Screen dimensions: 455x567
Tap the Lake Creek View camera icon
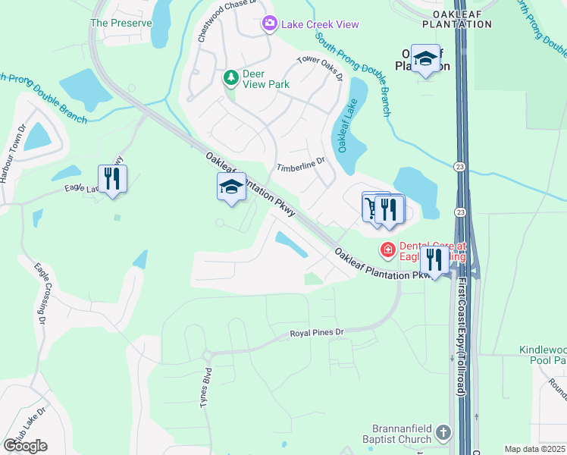coord(269,24)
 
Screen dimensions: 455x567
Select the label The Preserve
coord(121,23)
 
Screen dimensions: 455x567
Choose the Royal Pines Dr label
coord(318,332)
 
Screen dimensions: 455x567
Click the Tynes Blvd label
coord(205,390)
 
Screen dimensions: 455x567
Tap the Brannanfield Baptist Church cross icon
coord(443,434)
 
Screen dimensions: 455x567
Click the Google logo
coord(25,446)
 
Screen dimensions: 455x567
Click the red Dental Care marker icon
coord(387,249)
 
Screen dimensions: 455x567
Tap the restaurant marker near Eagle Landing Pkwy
coord(112,179)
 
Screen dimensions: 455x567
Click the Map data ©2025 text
coord(534,449)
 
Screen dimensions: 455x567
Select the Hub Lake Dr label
coord(28,429)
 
